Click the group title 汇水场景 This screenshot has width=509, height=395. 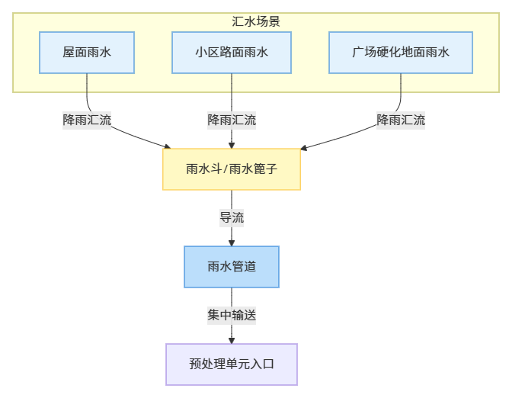pos(256,21)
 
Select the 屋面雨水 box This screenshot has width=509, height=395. pos(87,53)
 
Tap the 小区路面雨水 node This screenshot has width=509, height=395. pos(231,53)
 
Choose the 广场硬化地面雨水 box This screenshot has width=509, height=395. pos(401,53)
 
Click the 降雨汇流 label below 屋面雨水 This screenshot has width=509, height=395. pos(87,120)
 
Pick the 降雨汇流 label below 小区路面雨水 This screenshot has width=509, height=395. pos(232,120)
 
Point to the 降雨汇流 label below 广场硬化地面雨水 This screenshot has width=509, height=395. pos(401,120)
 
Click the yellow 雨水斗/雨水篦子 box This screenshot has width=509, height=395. pos(232,169)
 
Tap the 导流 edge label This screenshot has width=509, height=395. pos(232,217)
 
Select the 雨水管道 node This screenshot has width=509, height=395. pos(232,267)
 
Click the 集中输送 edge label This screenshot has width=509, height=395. pos(232,315)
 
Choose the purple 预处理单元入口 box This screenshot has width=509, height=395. pos(232,364)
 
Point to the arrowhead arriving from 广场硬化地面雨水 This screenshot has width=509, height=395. pos(304,146)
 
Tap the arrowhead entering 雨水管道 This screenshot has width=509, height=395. pos(232,242)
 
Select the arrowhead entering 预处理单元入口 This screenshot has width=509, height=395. pos(232,339)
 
